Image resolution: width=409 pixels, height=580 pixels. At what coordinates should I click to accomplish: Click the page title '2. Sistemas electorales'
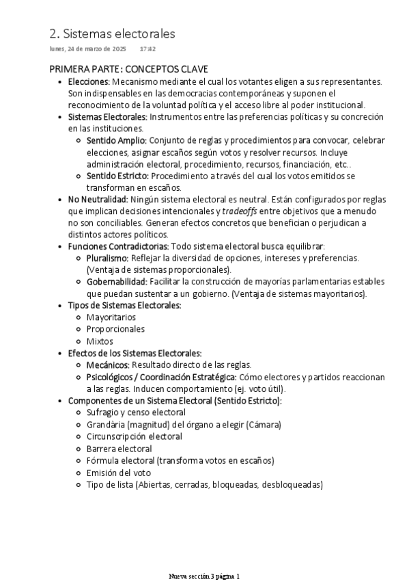pyautogui.click(x=112, y=34)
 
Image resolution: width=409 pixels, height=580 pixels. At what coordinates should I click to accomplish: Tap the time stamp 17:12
pyautogui.click(x=147, y=50)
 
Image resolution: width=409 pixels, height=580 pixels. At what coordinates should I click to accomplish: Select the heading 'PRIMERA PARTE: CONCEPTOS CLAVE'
pyautogui.click(x=128, y=70)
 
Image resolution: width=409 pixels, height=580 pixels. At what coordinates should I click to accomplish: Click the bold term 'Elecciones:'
pyautogui.click(x=89, y=81)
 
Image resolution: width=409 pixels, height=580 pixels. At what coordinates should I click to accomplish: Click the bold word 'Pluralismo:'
pyautogui.click(x=107, y=258)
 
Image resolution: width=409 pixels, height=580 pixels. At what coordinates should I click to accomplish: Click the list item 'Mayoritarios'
pyautogui.click(x=111, y=317)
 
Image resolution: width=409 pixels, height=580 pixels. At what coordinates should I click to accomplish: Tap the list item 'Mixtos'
pyautogui.click(x=100, y=341)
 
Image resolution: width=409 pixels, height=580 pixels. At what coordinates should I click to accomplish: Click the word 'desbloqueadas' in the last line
pyautogui.click(x=293, y=484)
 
